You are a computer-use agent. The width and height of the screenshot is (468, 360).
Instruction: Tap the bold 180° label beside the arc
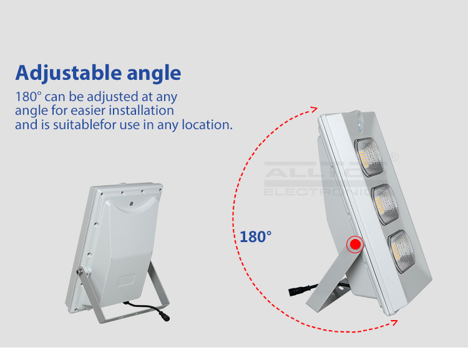click(256, 237)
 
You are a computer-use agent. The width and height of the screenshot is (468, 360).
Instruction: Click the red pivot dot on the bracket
click(355, 244)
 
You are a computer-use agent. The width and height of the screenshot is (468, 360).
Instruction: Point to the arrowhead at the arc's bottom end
click(394, 322)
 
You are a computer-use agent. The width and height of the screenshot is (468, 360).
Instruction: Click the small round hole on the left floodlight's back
click(132, 203)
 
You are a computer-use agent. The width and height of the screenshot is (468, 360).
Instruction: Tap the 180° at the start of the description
click(28, 97)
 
